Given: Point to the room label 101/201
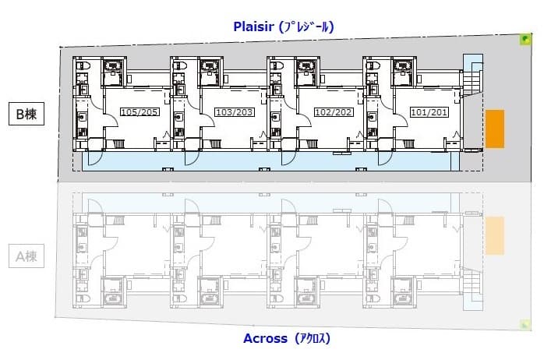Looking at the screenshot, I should [429, 112].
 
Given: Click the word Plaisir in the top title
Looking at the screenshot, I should [256, 26].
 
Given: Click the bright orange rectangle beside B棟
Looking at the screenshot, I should [495, 129].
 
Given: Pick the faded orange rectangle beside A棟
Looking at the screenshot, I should [495, 235].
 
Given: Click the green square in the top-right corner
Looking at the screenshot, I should [526, 38].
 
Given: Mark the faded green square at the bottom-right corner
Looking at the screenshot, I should [525, 324].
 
